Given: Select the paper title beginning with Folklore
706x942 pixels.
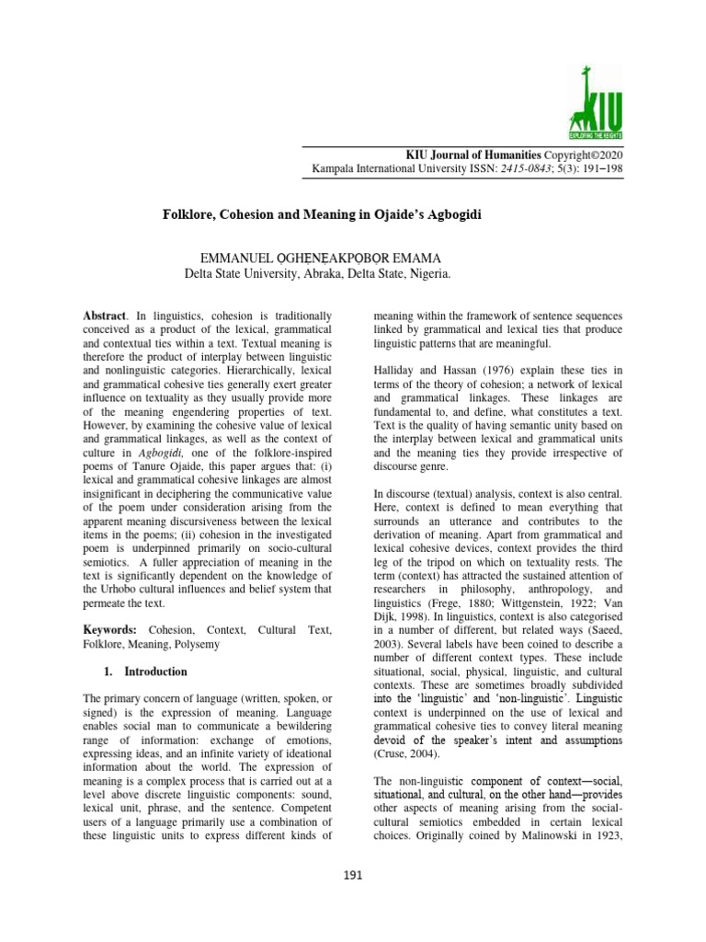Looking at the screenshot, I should (x=323, y=213).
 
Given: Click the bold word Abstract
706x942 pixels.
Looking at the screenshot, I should (x=103, y=316).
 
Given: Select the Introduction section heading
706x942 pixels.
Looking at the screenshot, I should (x=155, y=672).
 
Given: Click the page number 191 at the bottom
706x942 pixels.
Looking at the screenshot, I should (x=353, y=875).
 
